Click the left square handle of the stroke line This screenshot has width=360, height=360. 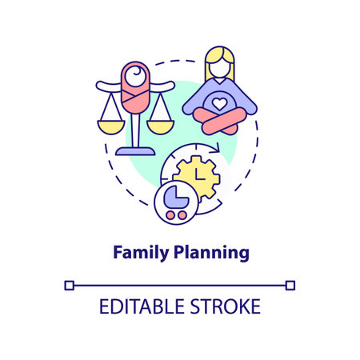[70, 284]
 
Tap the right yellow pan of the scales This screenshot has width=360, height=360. [164, 126]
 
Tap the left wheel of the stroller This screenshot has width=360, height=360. [169, 214]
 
